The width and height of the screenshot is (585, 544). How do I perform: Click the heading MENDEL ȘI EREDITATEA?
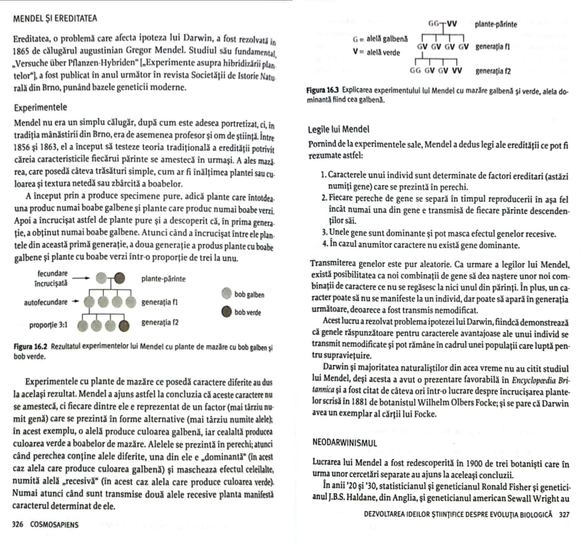point(55,18)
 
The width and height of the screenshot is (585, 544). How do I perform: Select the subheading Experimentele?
point(40,108)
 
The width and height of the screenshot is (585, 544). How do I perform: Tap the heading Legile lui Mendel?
point(339,129)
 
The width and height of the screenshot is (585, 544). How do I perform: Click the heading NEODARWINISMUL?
point(345,443)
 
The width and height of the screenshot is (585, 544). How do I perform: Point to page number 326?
point(18,525)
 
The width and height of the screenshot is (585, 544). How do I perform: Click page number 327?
point(564,514)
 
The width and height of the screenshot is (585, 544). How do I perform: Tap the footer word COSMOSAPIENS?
point(54,525)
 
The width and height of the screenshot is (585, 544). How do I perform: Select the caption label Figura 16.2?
point(31,346)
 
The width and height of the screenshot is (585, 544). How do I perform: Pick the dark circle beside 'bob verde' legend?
point(226,312)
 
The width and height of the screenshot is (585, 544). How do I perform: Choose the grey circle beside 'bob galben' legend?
point(226,294)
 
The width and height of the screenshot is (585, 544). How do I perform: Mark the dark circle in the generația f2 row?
point(124,325)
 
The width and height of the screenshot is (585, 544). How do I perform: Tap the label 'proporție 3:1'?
point(49,325)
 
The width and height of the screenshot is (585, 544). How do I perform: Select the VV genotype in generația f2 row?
point(457,70)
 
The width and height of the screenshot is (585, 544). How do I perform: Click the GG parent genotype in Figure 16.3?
point(434,24)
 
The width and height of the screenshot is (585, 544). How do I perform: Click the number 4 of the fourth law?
point(324,245)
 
